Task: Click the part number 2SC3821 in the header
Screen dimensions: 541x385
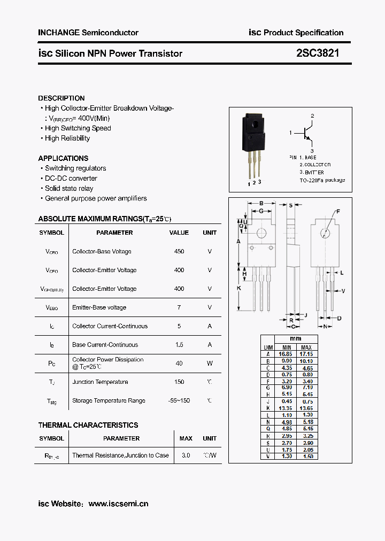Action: (x=317, y=53)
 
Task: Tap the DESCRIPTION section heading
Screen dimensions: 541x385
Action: (x=61, y=98)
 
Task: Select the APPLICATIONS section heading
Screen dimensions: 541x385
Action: (x=63, y=158)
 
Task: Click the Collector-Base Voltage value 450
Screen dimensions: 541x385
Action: (x=179, y=251)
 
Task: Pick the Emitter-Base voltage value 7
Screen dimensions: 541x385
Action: (x=179, y=307)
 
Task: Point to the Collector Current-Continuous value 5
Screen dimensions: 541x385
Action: (x=179, y=326)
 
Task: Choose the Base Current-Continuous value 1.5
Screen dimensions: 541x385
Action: (x=179, y=345)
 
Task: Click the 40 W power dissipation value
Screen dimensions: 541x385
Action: (x=179, y=364)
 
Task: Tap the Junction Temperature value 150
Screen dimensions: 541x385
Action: (x=179, y=382)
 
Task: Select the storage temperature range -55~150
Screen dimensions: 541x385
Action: (x=179, y=400)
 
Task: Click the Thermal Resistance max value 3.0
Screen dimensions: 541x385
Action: (x=186, y=455)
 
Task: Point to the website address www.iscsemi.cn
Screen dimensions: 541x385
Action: (x=118, y=504)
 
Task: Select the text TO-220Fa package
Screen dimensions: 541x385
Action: (x=322, y=180)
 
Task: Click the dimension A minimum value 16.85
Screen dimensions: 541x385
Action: (x=284, y=354)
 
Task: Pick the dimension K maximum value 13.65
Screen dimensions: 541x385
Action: (x=306, y=408)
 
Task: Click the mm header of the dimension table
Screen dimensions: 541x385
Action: (x=296, y=338)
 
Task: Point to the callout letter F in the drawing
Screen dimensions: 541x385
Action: (x=338, y=212)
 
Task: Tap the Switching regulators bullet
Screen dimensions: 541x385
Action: (x=75, y=168)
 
